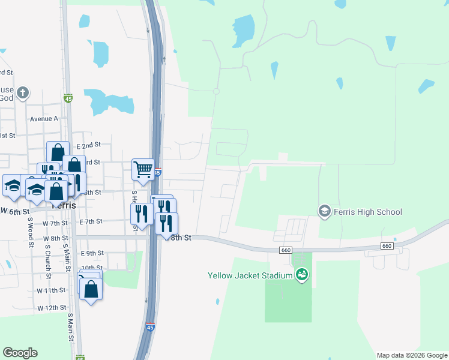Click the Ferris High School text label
(x=368, y=212)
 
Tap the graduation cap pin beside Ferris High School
(x=325, y=211)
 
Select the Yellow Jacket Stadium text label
(x=250, y=276)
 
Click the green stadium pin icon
(x=302, y=275)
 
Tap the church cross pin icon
(x=23, y=93)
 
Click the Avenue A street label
(x=44, y=118)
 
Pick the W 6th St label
(x=14, y=211)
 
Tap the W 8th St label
(x=55, y=238)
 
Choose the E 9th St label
(x=92, y=253)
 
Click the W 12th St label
(x=51, y=308)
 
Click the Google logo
(x=20, y=353)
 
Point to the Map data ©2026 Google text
(x=411, y=355)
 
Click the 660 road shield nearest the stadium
(x=286, y=249)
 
